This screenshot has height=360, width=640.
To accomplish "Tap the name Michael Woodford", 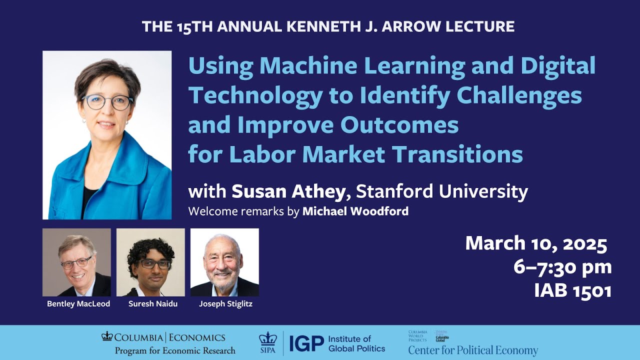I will click(355, 211).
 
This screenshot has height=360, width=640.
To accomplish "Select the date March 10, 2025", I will click(536, 244).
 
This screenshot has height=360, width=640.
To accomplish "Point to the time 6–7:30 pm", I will click(562, 267).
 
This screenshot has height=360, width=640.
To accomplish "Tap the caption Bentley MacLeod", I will click(78, 304).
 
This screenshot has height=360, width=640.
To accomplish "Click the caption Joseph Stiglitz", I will click(225, 304).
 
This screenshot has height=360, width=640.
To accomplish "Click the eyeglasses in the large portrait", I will click(107, 102).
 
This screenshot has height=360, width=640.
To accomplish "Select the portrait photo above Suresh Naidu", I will click(150, 262).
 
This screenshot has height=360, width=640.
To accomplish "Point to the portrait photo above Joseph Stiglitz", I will click(224, 262).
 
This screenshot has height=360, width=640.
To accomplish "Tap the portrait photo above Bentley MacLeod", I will click(76, 262).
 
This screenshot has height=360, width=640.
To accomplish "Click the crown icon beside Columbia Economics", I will click(107, 336).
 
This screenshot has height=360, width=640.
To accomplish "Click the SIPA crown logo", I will click(267, 340).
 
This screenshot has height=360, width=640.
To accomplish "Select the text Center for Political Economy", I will click(473, 350).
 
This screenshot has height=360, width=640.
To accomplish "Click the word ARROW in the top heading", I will click(417, 26).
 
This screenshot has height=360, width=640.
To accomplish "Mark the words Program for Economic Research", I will click(174, 350).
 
